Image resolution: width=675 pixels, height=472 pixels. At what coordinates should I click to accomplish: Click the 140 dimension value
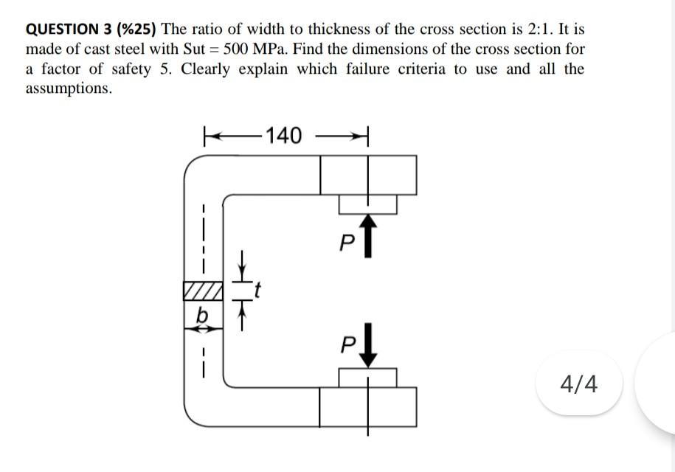coord(284,136)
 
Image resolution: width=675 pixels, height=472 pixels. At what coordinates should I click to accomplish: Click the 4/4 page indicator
coord(579,383)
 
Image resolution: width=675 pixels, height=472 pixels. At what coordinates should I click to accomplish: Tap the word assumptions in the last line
coord(69,89)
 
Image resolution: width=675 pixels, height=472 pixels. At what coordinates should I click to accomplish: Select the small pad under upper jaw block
coord(367,204)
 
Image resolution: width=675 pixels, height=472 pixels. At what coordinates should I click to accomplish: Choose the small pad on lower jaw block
coord(367,377)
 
